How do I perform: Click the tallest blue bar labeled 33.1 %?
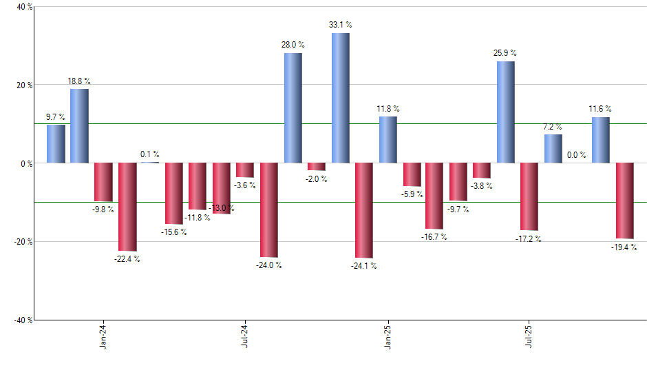pyautogui.click(x=340, y=98)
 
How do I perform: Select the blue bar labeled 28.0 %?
pyautogui.click(x=293, y=108)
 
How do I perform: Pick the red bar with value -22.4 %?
pyautogui.click(x=127, y=207)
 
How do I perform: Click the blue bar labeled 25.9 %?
pyautogui.click(x=505, y=112)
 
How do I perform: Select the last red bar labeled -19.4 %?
pyautogui.click(x=624, y=201)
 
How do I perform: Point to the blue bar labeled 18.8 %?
pyautogui.click(x=79, y=126)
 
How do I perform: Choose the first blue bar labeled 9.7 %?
pyautogui.click(x=56, y=144)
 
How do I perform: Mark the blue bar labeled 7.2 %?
pyautogui.click(x=553, y=149)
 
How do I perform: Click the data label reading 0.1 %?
pyautogui.click(x=149, y=154)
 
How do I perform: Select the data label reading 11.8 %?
pyautogui.click(x=388, y=109)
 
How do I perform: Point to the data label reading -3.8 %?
pyautogui.click(x=482, y=186)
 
